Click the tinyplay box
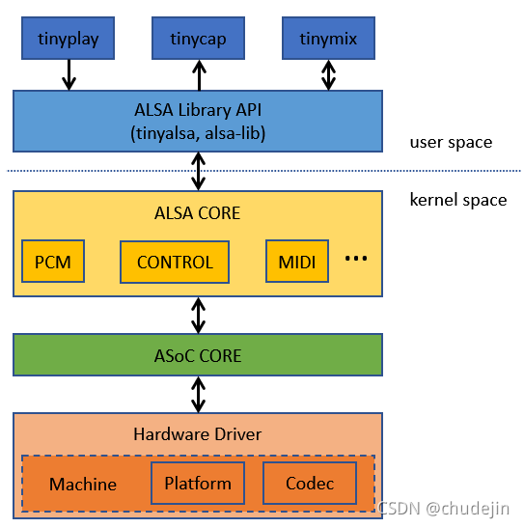click(x=68, y=38)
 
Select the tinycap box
click(x=198, y=38)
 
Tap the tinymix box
click(x=328, y=38)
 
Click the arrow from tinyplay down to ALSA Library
click(x=69, y=74)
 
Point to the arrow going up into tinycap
click(x=199, y=75)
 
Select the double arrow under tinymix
click(x=328, y=75)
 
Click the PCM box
click(x=53, y=262)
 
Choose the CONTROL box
click(x=175, y=262)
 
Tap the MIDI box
click(x=297, y=262)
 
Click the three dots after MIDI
click(x=356, y=259)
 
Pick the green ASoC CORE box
click(x=198, y=355)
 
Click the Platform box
click(x=198, y=484)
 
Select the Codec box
click(x=310, y=484)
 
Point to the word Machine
click(x=83, y=485)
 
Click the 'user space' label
click(x=451, y=143)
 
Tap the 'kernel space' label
click(x=458, y=200)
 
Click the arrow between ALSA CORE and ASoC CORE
click(x=198, y=316)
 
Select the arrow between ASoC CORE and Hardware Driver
click(x=198, y=395)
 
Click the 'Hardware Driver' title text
click(x=198, y=434)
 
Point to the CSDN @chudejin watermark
click(x=444, y=508)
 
